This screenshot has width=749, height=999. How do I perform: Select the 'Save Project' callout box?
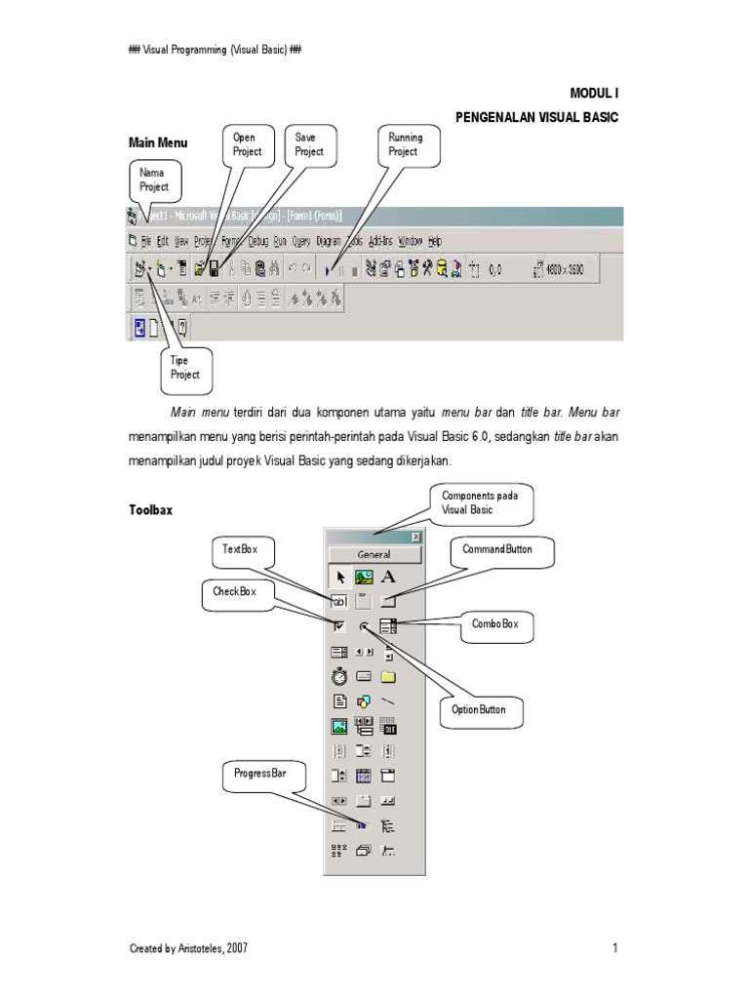click(x=309, y=145)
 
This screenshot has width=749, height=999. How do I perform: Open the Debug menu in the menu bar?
click(x=257, y=240)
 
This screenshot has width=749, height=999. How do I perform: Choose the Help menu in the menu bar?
click(x=435, y=240)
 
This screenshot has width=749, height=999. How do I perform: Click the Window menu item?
click(x=410, y=240)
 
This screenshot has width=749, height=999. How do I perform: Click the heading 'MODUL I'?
click(x=595, y=93)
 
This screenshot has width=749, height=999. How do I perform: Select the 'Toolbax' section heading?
click(x=150, y=510)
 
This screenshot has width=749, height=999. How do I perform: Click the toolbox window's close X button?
click(x=416, y=537)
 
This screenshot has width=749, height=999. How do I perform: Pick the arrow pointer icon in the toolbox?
click(x=340, y=578)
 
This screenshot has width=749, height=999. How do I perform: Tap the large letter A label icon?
click(x=388, y=578)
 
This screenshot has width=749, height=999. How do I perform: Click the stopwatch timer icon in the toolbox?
click(x=340, y=675)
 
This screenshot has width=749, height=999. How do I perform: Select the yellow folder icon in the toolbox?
click(x=388, y=675)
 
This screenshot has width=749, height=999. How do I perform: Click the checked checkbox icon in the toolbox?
click(x=340, y=626)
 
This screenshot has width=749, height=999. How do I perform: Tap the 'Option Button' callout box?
click(x=479, y=709)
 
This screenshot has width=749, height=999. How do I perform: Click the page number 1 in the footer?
click(x=616, y=948)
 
